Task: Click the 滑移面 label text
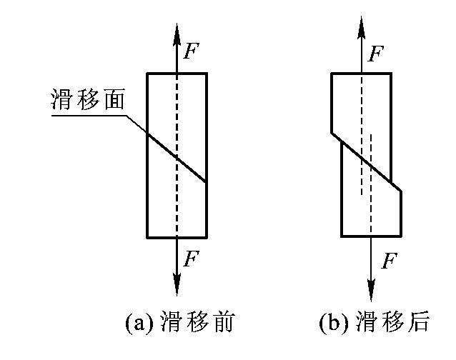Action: (x=88, y=99)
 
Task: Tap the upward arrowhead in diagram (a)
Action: (x=177, y=34)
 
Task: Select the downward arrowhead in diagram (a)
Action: (x=177, y=284)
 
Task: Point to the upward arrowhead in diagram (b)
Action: (x=361, y=27)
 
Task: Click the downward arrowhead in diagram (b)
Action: (x=371, y=290)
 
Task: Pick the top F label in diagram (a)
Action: (x=191, y=51)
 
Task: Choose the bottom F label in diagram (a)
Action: (x=191, y=259)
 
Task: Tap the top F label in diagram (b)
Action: (x=376, y=54)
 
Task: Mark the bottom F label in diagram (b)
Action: (x=390, y=261)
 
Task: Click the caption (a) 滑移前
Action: (x=180, y=322)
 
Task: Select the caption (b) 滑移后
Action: (x=374, y=322)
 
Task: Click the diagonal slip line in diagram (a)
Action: (x=177, y=158)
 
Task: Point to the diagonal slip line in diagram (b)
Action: (x=366, y=161)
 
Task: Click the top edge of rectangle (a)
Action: (x=177, y=74)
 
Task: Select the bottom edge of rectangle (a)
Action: (x=177, y=237)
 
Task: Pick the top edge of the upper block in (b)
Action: (x=361, y=74)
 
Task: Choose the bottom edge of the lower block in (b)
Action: (x=372, y=236)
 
